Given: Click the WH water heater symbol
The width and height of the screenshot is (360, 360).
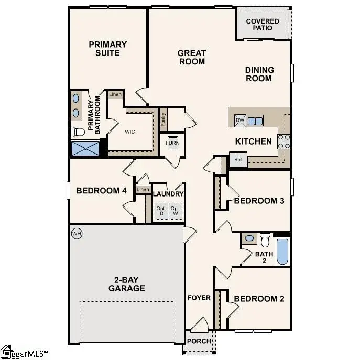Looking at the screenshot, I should point(77,233).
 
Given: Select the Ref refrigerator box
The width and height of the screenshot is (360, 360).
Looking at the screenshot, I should point(238,160).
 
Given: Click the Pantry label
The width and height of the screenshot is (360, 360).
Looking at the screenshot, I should point(163,121).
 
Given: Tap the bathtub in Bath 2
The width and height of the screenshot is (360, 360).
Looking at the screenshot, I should point(282,252).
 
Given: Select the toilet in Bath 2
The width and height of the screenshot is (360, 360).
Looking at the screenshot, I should point(265,239).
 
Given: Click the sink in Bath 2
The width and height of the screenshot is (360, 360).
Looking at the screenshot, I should point(250,238).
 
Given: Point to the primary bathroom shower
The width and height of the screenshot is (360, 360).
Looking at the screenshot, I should point(85,148).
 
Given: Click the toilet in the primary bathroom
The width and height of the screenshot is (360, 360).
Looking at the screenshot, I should point(77,130).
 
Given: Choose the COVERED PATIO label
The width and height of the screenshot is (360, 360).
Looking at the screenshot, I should point(263,24).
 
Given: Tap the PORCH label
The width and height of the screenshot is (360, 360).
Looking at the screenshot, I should point(200,341).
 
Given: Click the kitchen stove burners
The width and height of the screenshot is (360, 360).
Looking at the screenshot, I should point(283,140).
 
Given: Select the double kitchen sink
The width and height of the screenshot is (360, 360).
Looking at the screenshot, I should point(255,121).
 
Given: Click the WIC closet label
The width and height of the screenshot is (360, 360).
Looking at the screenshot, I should point(129,132).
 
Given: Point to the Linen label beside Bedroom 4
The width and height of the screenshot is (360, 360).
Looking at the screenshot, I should point(142,189).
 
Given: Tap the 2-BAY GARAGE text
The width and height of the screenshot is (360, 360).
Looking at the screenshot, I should point(126,283).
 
